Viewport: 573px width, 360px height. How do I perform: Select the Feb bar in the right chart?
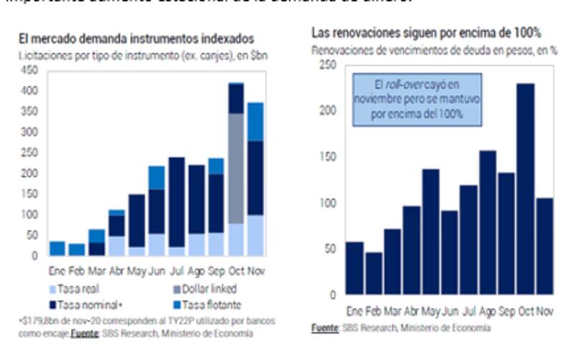point(373,273)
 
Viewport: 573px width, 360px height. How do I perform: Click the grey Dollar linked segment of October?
point(236,168)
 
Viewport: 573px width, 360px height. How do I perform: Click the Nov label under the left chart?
point(255,270)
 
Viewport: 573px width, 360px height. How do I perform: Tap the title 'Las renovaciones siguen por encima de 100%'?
point(425,33)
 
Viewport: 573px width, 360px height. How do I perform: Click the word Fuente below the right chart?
point(326,327)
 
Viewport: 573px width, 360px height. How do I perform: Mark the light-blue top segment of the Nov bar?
point(256,122)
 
